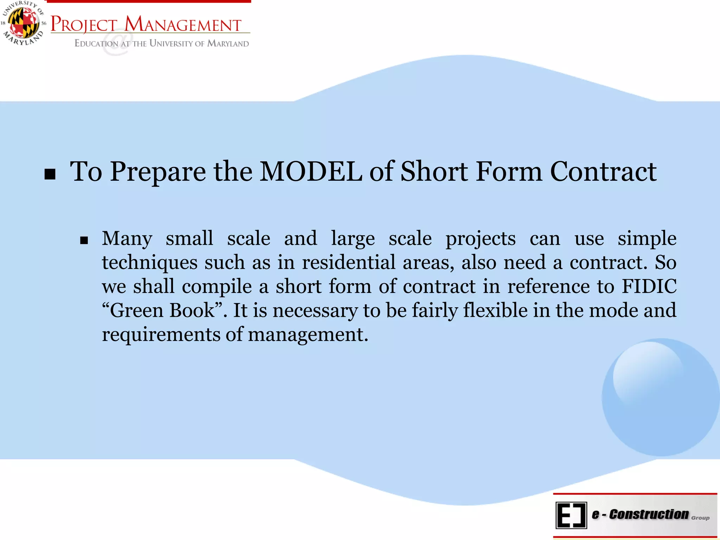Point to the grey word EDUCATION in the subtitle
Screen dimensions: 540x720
[x=96, y=44]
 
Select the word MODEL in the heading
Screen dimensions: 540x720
[x=311, y=172]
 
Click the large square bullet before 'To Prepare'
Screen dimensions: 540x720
[x=50, y=174]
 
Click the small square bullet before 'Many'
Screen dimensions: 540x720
[x=84, y=240]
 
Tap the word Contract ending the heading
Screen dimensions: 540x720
[x=603, y=172]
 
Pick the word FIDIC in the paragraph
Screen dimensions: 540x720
[x=649, y=286]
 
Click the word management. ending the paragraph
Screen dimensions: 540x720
[x=308, y=334]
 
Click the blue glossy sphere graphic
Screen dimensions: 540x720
[x=660, y=397]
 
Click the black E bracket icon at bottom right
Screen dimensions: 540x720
[x=571, y=515]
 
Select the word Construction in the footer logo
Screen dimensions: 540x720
[x=649, y=514]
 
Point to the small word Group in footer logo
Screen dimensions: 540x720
[x=700, y=518]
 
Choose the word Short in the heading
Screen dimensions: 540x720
[x=434, y=172]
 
